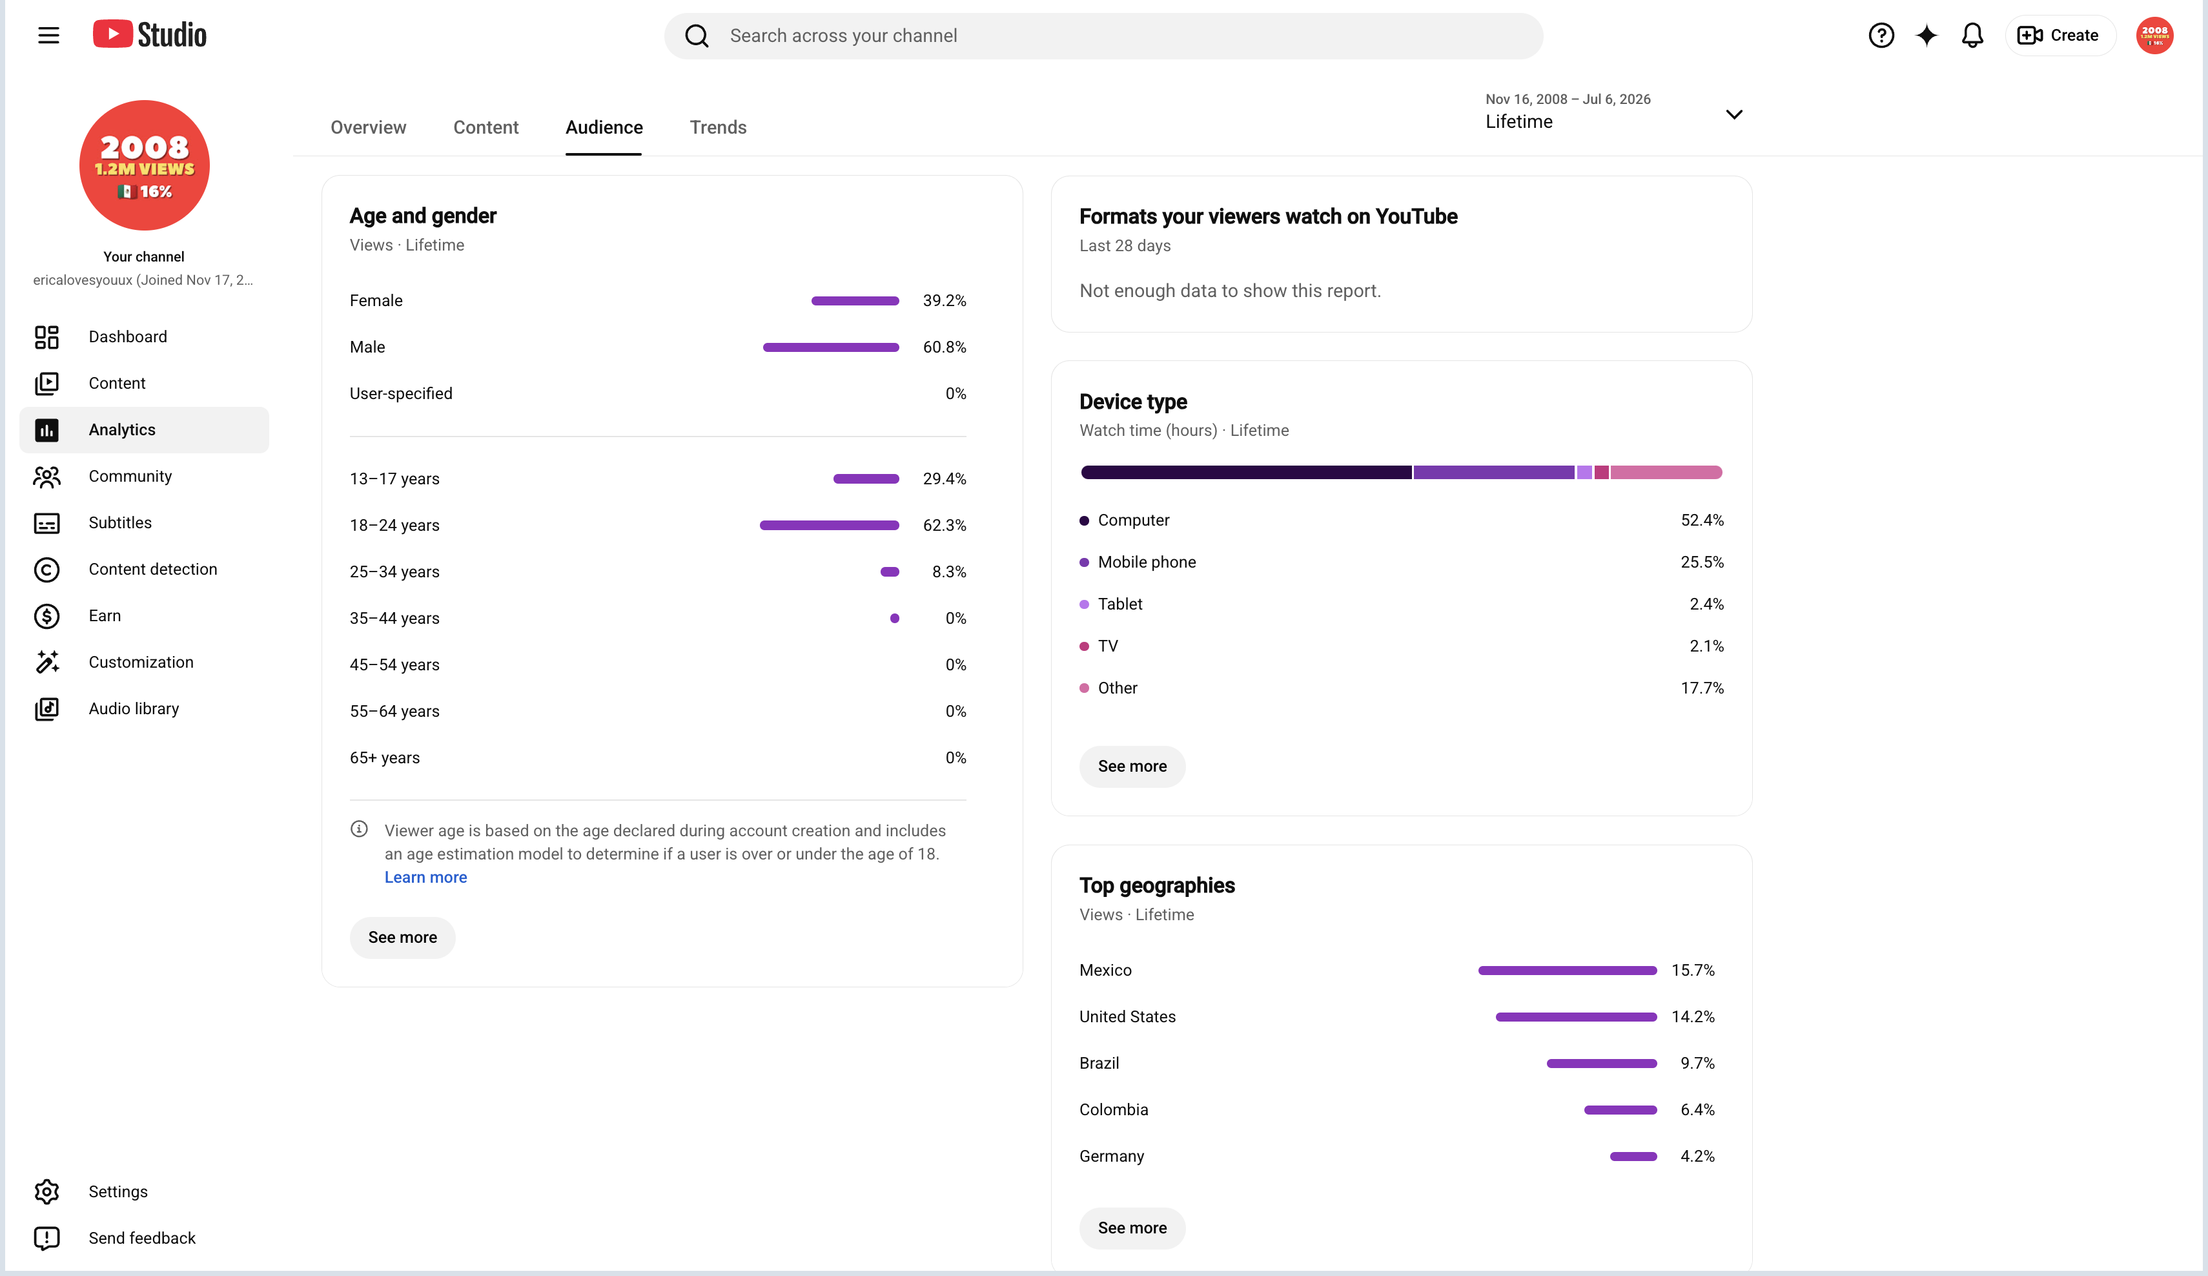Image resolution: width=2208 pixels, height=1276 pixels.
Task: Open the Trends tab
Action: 718,127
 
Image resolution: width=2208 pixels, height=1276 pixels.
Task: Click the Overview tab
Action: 368,127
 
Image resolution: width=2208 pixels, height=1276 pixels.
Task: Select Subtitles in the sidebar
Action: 120,522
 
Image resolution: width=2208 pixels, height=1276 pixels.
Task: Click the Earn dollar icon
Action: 46,616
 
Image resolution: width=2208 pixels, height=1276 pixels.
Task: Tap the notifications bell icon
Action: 1972,35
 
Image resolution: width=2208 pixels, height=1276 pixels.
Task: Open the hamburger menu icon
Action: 48,35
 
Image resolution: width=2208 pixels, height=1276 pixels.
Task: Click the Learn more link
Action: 426,877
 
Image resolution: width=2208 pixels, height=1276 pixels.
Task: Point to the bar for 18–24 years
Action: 829,525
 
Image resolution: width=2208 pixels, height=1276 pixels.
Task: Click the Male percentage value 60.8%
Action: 945,347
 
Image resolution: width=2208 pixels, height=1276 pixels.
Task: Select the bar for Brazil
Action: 1602,1063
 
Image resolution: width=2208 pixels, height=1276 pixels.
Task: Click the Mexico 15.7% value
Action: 1693,970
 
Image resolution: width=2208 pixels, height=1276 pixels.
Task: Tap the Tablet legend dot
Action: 1084,604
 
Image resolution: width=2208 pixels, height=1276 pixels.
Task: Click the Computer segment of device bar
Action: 1246,473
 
